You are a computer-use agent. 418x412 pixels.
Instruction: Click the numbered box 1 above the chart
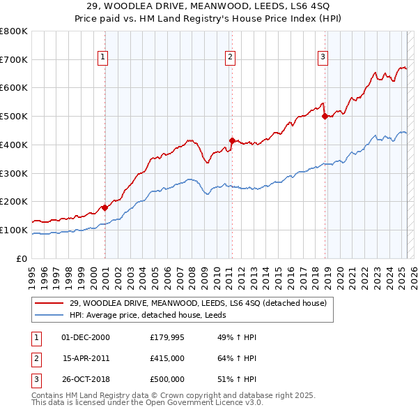pyautogui.click(x=102, y=57)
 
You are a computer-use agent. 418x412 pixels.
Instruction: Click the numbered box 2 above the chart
pyautogui.click(x=230, y=57)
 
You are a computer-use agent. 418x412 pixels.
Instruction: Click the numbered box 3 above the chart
pyautogui.click(x=323, y=57)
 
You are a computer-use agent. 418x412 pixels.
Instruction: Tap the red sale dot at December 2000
pyautogui.click(x=104, y=207)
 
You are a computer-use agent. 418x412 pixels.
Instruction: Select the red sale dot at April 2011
pyautogui.click(x=232, y=140)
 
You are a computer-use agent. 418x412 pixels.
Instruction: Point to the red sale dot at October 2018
pyautogui.click(x=325, y=117)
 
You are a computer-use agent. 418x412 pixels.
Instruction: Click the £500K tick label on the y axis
pyautogui.click(x=14, y=117)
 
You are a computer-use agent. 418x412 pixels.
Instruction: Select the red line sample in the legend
pyautogui.click(x=49, y=302)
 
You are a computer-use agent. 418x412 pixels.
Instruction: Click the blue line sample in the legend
pyautogui.click(x=49, y=315)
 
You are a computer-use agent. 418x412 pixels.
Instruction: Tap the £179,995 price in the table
pyautogui.click(x=167, y=337)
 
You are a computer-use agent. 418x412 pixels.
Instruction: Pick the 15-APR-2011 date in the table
pyautogui.click(x=86, y=358)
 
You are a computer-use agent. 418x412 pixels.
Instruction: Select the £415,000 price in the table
pyautogui.click(x=167, y=358)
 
